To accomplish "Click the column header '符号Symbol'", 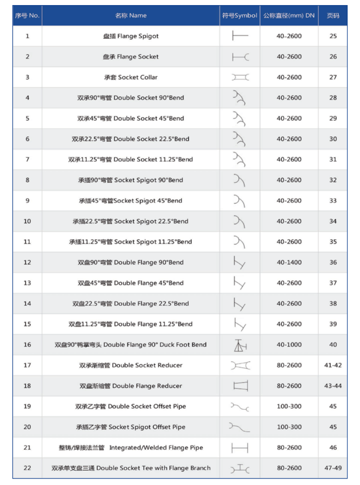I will [x=240, y=16].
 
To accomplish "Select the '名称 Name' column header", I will [x=131, y=16].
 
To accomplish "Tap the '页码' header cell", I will [x=333, y=16].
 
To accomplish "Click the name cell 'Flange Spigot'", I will [x=131, y=36].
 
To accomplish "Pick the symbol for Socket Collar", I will [x=240, y=77].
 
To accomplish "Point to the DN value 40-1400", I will [x=289, y=262].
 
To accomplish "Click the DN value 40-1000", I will [x=289, y=345].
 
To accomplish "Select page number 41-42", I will [x=333, y=365].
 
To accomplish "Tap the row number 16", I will [x=27, y=345].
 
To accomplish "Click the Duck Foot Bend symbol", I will [x=240, y=345].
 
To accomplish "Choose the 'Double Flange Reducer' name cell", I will [x=131, y=386].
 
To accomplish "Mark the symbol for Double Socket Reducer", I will [x=240, y=365].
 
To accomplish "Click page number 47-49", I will [x=333, y=468].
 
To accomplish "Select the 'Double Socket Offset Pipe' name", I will [x=131, y=406].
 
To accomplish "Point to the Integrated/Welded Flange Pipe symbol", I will [x=240, y=448].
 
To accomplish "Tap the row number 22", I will [x=27, y=468].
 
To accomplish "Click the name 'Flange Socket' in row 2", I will [x=131, y=57].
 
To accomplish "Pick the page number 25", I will [x=333, y=36].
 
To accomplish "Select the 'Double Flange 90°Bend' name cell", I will [x=131, y=262].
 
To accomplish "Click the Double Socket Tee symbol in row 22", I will [x=240, y=468].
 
